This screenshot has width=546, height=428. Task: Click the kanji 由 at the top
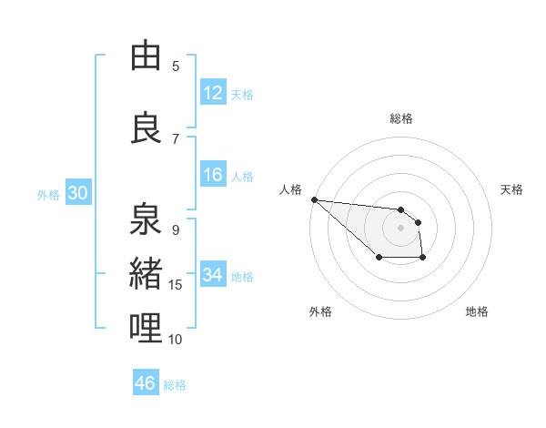click(x=146, y=56)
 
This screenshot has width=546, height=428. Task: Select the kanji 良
click(x=146, y=128)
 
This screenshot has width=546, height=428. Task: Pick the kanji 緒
click(x=146, y=273)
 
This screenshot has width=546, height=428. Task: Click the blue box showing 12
click(x=213, y=93)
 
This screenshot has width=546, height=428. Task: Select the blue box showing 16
click(x=213, y=175)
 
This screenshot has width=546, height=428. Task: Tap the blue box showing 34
click(x=213, y=275)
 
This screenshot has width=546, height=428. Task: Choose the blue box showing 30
click(x=77, y=193)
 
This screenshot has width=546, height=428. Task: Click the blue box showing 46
click(x=146, y=383)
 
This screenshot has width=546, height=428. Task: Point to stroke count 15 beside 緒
click(x=176, y=285)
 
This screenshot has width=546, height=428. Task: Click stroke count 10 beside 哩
click(x=176, y=339)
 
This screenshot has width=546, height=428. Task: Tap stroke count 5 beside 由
click(x=176, y=66)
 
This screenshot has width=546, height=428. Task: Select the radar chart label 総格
click(x=401, y=118)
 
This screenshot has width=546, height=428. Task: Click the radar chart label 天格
click(x=512, y=189)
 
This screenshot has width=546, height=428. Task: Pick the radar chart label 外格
click(x=320, y=311)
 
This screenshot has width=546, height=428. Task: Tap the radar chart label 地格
click(x=477, y=311)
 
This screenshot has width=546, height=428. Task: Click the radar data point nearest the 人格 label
click(x=314, y=199)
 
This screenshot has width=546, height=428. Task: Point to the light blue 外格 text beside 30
click(x=47, y=194)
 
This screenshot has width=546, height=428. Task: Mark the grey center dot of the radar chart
click(x=400, y=228)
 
